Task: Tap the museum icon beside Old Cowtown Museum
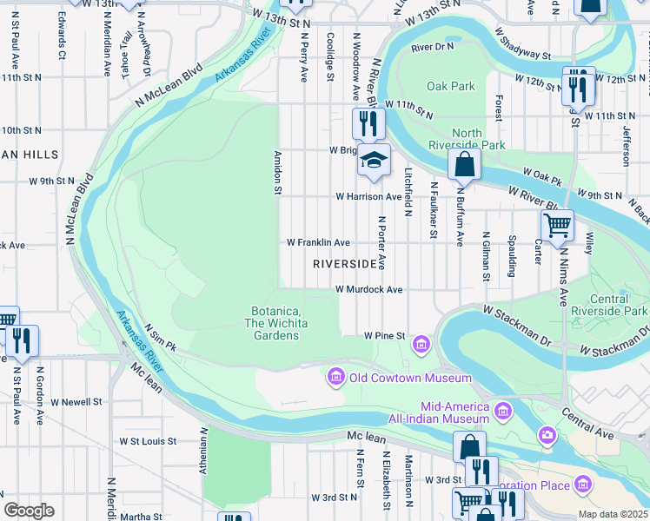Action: pyautogui.click(x=335, y=377)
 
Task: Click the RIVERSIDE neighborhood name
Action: pyautogui.click(x=345, y=263)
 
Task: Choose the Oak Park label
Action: pyautogui.click(x=451, y=86)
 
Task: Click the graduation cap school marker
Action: pyautogui.click(x=374, y=161)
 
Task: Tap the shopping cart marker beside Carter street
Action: pyautogui.click(x=556, y=224)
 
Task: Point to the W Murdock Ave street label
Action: pyautogui.click(x=368, y=289)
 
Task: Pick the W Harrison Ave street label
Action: pyautogui.click(x=369, y=197)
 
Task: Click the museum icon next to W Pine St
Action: pyautogui.click(x=421, y=345)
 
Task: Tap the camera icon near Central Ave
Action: pyautogui.click(x=547, y=433)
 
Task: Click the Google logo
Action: pyautogui.click(x=29, y=510)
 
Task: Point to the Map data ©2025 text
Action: pyautogui.click(x=614, y=514)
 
